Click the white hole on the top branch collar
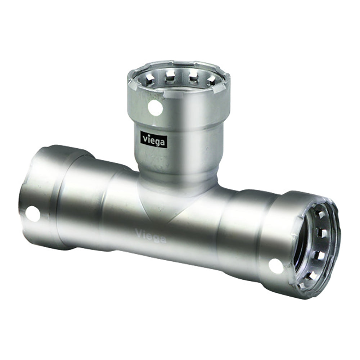tap(155, 108)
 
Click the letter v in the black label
tap(144, 139)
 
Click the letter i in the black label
tap(148, 139)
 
